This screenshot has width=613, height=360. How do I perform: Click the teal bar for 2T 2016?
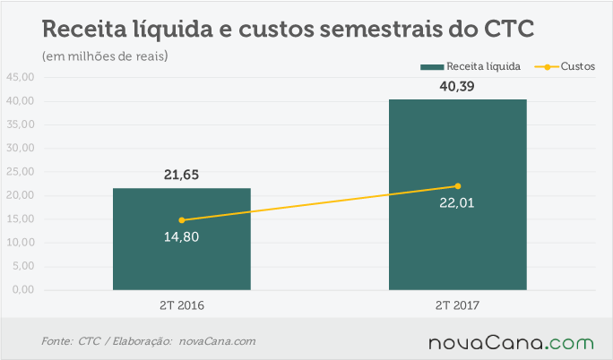coord(182,239)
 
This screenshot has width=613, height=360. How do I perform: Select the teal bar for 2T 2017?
coord(458,195)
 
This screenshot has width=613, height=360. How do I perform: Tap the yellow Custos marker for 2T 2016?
coord(182,220)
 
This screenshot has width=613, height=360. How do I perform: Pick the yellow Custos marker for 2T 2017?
coord(458,186)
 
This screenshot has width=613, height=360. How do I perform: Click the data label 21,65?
coord(181,175)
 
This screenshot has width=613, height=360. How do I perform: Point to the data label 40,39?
coord(457,86)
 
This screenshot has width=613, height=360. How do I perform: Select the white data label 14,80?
coord(181,237)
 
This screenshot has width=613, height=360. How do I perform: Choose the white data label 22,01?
coord(457,203)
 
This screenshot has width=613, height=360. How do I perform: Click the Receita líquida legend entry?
coord(471,66)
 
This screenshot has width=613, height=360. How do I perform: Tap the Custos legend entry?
coord(565,66)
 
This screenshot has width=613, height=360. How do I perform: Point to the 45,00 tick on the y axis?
coord(21,77)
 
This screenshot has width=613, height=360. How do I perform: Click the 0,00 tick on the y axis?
coord(23,290)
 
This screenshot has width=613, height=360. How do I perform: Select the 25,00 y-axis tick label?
coord(21,171)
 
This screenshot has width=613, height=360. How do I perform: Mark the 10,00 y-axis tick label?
coord(21,243)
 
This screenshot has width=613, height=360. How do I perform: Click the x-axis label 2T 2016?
coord(182,305)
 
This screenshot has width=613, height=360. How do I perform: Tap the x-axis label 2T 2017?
coord(457,305)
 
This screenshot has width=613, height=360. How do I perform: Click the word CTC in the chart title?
coord(509,29)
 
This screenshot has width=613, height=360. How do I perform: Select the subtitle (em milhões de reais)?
coord(105,56)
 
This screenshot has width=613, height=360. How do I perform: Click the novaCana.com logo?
coord(511,342)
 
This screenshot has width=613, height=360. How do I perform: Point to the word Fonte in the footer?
coord(57,341)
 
